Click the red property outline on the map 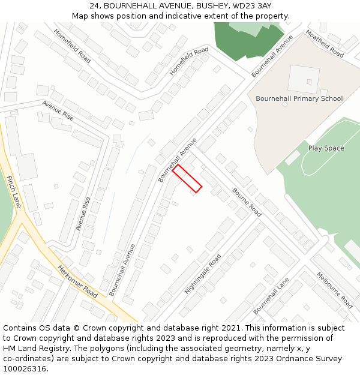pos(187,179)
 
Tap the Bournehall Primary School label pos(299,98)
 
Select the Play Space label pos(326,148)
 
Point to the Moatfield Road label pos(325,44)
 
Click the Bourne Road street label pos(247,202)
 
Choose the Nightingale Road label pos(203,274)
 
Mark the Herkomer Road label pos(77,281)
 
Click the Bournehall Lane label pos(271,295)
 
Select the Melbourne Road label pos(334,290)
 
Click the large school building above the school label pos(304,79)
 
